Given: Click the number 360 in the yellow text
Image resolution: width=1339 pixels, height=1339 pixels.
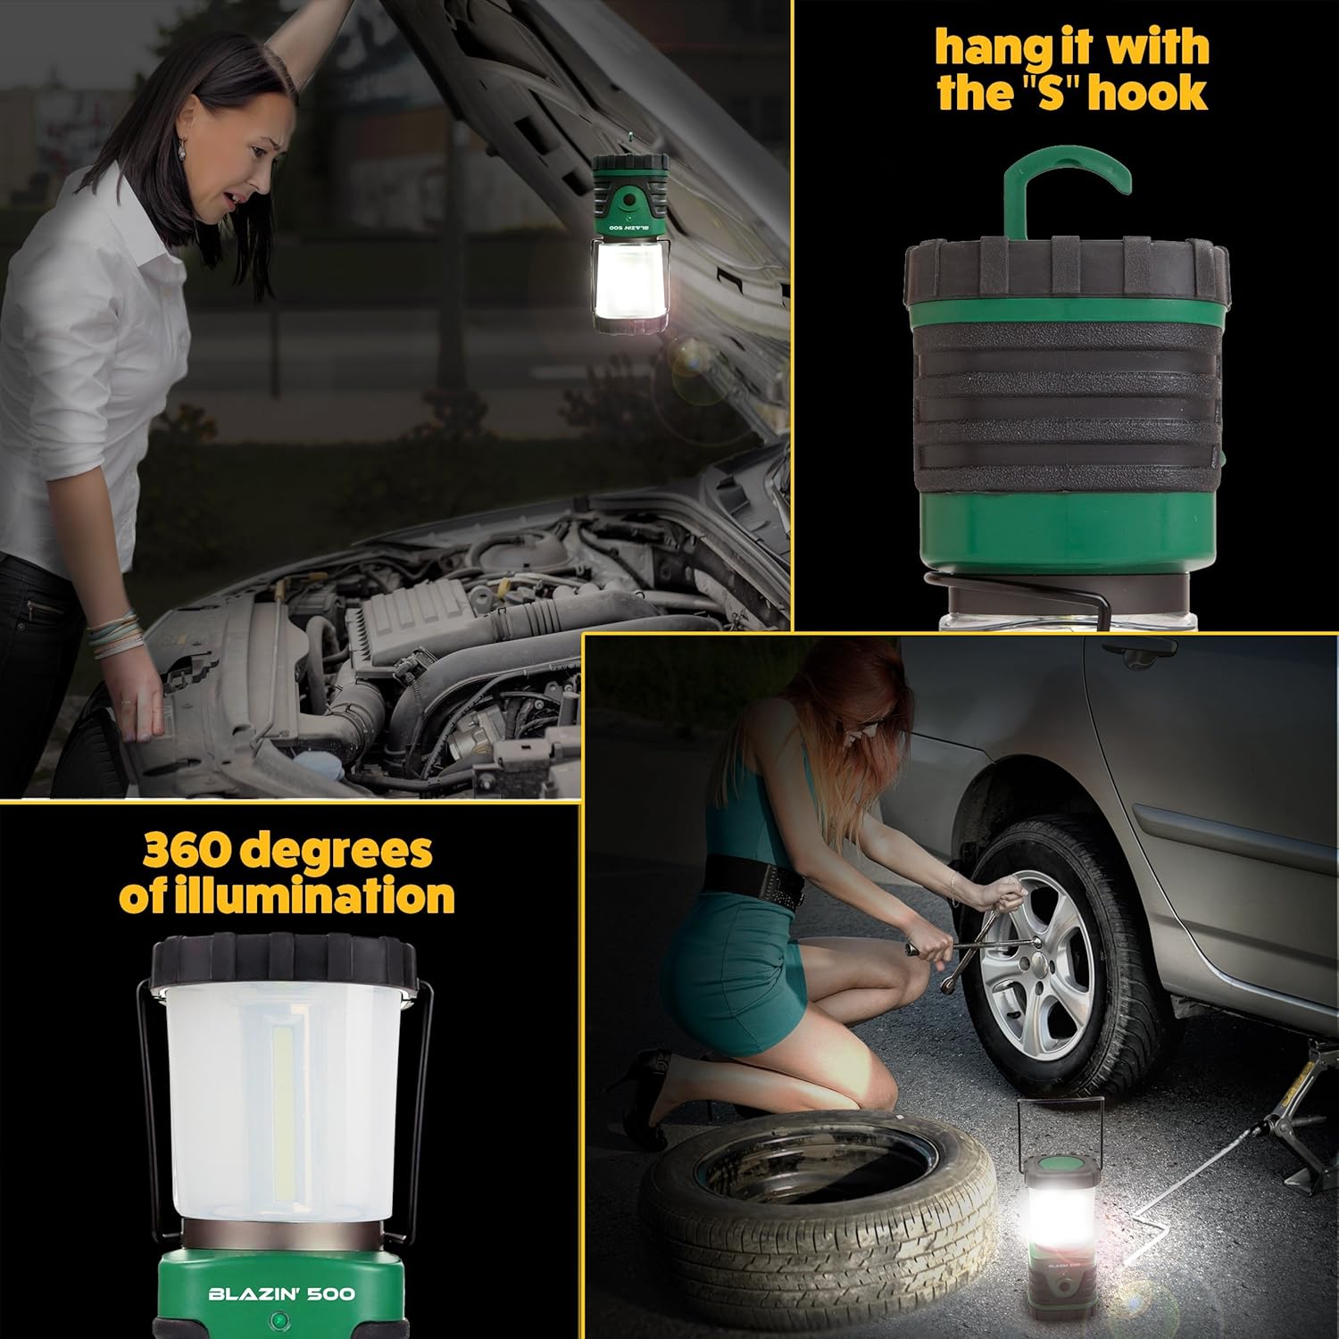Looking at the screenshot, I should pyautogui.click(x=189, y=850).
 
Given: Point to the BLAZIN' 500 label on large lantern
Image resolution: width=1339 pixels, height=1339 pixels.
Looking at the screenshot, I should pyautogui.click(x=281, y=1293).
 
